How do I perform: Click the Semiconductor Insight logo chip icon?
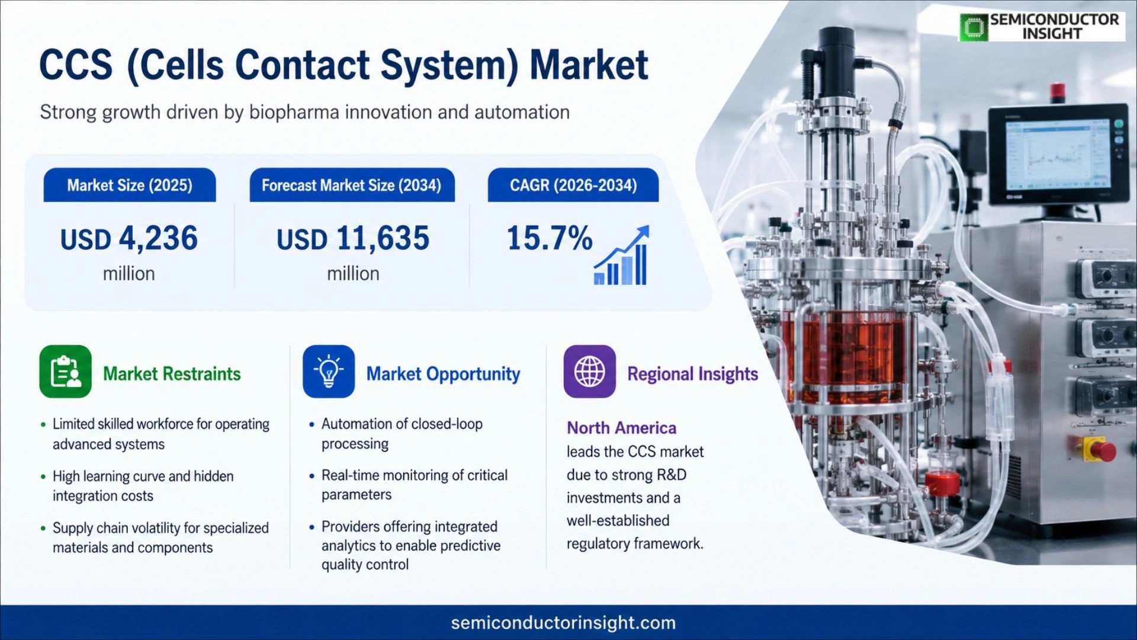point(974,27)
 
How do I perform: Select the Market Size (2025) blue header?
point(130,185)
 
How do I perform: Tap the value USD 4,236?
point(129,238)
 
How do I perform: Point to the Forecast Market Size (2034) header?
point(352,185)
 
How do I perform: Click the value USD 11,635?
point(353,238)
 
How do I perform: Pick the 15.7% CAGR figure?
point(550,238)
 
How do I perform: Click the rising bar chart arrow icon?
point(622,255)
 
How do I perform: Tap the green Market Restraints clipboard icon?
point(66,372)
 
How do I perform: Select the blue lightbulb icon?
point(329,372)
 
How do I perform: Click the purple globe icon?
point(590,372)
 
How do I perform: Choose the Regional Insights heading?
point(693,374)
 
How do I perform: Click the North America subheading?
point(621,428)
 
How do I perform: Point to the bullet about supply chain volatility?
point(160,537)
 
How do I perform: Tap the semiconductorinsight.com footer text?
point(563,623)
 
